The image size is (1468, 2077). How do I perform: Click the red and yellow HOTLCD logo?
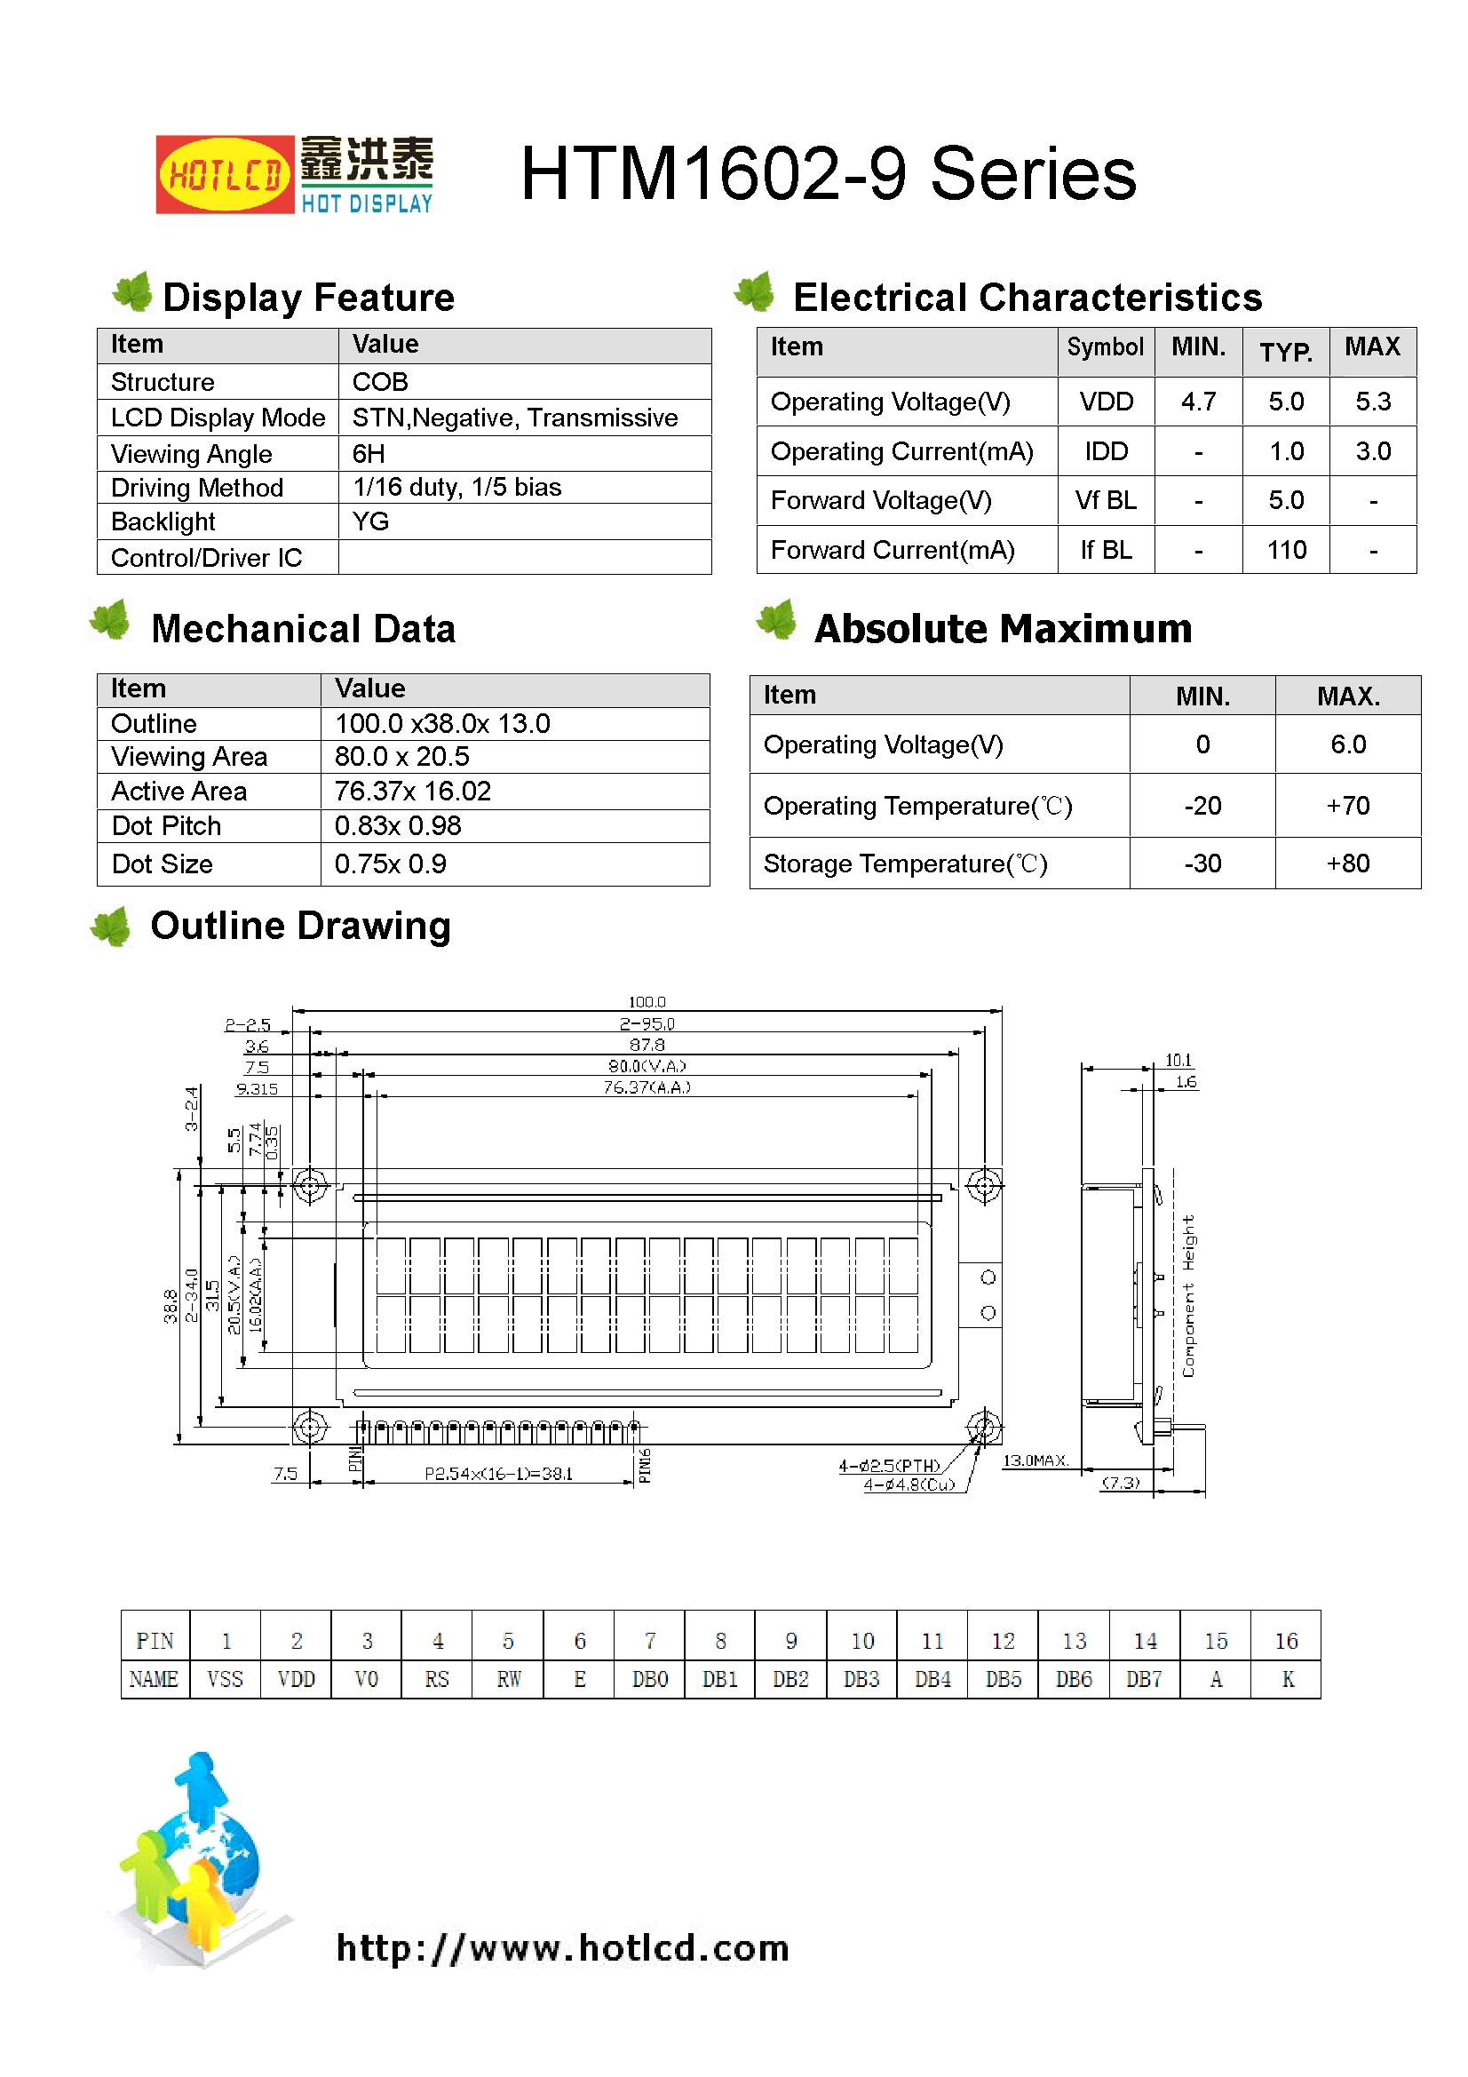pyautogui.click(x=225, y=175)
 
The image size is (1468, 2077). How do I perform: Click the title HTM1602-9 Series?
pyautogui.click(x=828, y=174)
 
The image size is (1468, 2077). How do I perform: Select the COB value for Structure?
pyautogui.click(x=380, y=382)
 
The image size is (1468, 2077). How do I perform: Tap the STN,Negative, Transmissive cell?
pyautogui.click(x=515, y=418)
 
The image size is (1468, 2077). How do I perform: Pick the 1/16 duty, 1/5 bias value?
pyautogui.click(x=456, y=488)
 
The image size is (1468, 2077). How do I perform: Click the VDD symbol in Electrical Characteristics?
pyautogui.click(x=1106, y=402)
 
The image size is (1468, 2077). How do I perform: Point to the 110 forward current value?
pyautogui.click(x=1285, y=550)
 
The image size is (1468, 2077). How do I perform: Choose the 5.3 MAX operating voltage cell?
pyautogui.click(x=1372, y=402)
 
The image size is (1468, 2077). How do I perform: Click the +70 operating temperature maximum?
pyautogui.click(x=1347, y=805)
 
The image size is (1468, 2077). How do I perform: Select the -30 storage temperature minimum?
pyautogui.click(x=1202, y=863)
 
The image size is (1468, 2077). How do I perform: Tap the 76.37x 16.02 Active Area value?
pyautogui.click(x=412, y=792)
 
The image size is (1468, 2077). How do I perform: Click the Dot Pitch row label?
pyautogui.click(x=166, y=826)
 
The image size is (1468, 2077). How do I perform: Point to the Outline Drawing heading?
pyautogui.click(x=300, y=926)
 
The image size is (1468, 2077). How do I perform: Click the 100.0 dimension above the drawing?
pyautogui.click(x=647, y=1002)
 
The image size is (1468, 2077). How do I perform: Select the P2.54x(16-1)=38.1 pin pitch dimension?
pyautogui.click(x=498, y=1474)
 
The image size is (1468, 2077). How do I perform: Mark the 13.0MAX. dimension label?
pyautogui.click(x=1036, y=1461)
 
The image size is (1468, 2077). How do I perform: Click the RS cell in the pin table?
pyautogui.click(x=437, y=1680)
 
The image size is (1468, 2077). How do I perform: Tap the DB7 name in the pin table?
pyautogui.click(x=1143, y=1680)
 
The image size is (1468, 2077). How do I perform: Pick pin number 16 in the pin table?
pyautogui.click(x=1285, y=1641)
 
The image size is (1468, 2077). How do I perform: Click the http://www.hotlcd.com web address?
pyautogui.click(x=562, y=1946)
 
